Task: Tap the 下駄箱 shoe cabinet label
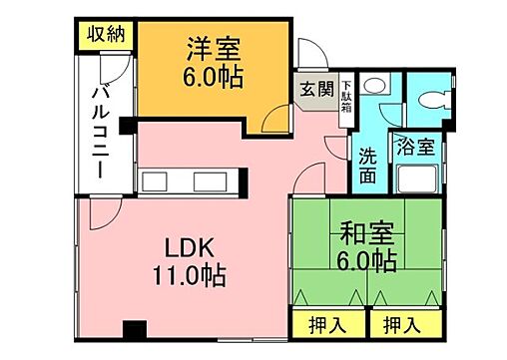[346, 95]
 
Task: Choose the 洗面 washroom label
[368, 166]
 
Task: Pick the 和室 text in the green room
[365, 235]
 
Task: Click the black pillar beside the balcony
[125, 126]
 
